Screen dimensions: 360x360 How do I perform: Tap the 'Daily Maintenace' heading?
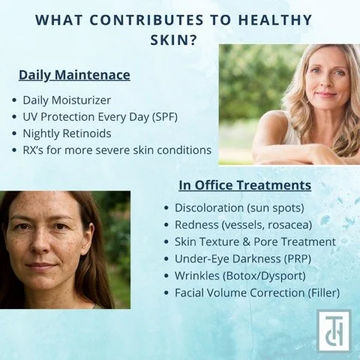point(74,75)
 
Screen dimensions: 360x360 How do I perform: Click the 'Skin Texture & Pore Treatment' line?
point(255,241)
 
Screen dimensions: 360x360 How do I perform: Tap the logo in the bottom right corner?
point(334,330)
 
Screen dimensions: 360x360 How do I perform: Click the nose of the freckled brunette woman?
point(46,247)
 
